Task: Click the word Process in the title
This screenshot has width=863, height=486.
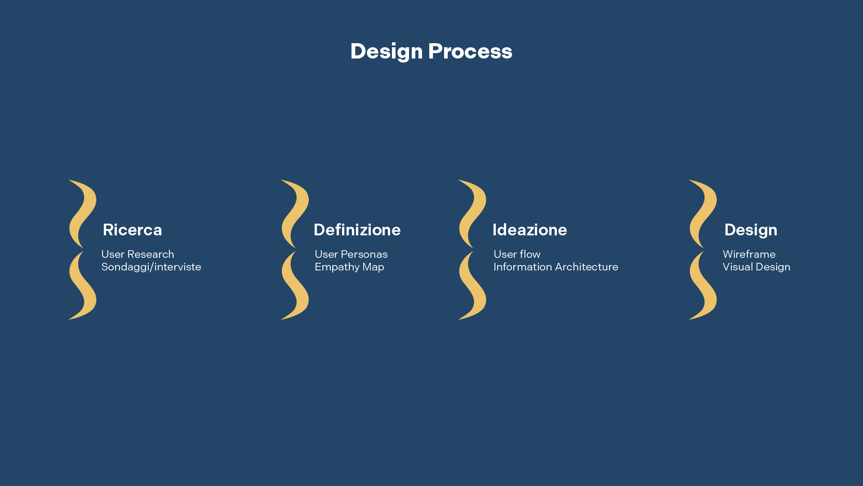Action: (470, 51)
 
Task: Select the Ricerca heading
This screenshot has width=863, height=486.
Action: (132, 230)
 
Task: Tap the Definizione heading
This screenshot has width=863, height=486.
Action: (357, 230)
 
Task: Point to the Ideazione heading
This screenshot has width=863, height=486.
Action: (529, 230)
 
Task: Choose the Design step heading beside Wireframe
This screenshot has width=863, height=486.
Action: (751, 230)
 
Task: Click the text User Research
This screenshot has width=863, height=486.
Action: (138, 254)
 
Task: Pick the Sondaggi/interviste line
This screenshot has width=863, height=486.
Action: (151, 267)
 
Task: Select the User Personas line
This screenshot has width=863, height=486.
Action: (351, 254)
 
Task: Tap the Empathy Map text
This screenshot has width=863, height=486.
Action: (349, 267)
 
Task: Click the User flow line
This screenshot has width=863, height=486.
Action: (517, 254)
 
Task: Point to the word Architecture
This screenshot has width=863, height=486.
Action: (587, 267)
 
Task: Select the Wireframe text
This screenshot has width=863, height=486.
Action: (749, 254)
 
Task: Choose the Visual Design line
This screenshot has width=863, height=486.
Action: (756, 267)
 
